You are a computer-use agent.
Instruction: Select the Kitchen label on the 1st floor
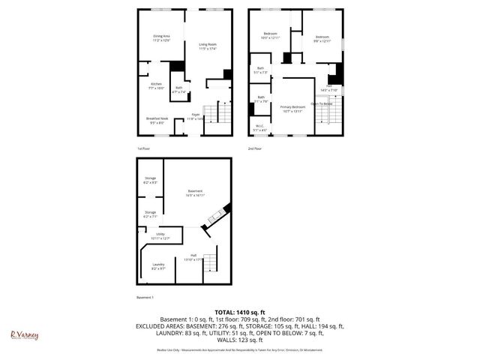(x=156, y=85)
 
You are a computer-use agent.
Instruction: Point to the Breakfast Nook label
(x=157, y=120)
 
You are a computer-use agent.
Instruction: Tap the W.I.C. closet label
(x=260, y=127)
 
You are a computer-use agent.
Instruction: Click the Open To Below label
(x=322, y=104)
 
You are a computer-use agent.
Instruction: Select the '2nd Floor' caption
(x=255, y=148)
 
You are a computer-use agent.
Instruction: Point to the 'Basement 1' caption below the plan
(x=145, y=298)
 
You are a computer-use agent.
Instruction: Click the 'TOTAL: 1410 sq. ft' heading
(x=240, y=311)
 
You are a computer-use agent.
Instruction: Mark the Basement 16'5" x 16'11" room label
(x=196, y=193)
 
